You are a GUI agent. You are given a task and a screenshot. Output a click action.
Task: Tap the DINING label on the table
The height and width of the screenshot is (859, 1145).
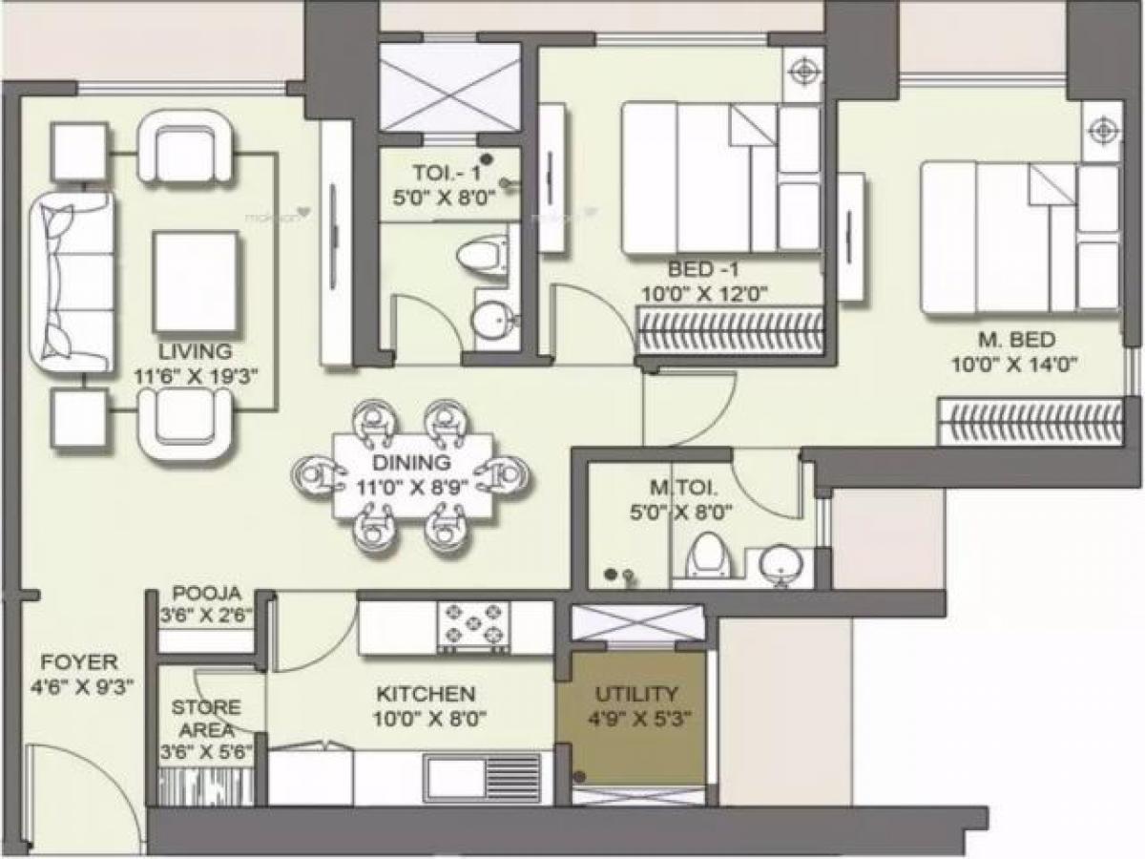tap(411, 463)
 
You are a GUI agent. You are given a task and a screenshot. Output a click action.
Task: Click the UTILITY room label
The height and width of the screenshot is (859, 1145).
tap(636, 694)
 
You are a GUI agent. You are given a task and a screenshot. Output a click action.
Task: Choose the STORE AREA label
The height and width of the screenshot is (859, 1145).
tap(206, 718)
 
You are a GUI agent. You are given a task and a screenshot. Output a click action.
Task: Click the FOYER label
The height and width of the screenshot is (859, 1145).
tap(79, 661)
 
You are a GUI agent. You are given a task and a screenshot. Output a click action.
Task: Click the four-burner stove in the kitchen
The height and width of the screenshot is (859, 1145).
tap(473, 626)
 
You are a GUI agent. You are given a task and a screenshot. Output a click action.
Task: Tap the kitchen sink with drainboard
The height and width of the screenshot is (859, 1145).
tap(483, 777)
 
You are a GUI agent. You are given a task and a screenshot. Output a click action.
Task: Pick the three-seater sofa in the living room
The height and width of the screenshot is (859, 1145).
tap(71, 283)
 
